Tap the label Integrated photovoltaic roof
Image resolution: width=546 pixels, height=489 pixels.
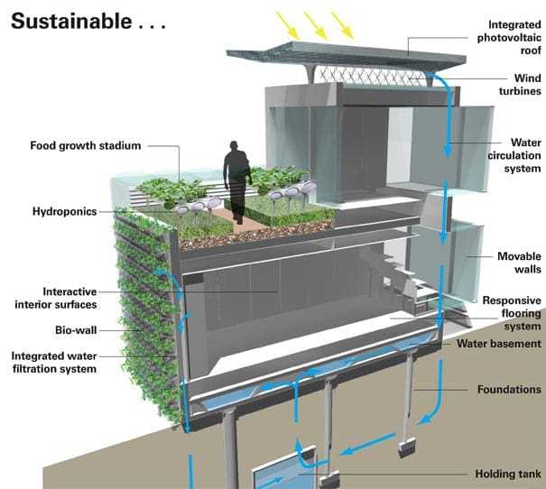pyautogui.click(x=504, y=37)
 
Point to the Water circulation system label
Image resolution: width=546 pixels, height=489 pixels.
pyautogui.click(x=514, y=155)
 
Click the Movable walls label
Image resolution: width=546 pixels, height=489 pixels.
pyautogui.click(x=519, y=263)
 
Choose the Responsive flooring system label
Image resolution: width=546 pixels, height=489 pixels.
pyautogui.click(x=511, y=313)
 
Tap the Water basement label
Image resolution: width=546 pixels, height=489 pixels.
pyautogui.click(x=498, y=344)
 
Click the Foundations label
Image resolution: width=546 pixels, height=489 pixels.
pyautogui.click(x=508, y=390)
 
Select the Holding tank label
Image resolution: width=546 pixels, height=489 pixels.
pyautogui.click(x=507, y=474)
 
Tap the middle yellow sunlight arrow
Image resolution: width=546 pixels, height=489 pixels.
pyautogui.click(x=315, y=22)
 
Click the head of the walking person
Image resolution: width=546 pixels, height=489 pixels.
pyautogui.click(x=236, y=146)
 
